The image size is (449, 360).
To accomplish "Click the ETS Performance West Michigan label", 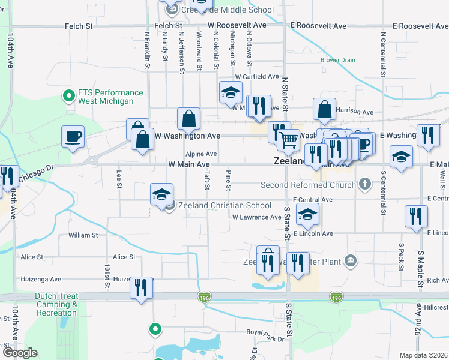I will click(x=110, y=97).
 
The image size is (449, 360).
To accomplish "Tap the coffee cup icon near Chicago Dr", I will click(x=73, y=137).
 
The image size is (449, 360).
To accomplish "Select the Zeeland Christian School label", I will click(x=221, y=205).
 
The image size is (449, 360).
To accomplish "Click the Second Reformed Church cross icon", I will click(x=364, y=184).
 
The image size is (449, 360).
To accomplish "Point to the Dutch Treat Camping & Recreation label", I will click(x=56, y=304).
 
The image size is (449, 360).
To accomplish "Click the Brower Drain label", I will click(x=337, y=60).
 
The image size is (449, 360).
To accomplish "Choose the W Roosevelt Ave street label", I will click(x=237, y=26).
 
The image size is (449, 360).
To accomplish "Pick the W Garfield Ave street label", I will click(x=257, y=77).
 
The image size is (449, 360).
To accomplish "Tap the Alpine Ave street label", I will click(x=200, y=154).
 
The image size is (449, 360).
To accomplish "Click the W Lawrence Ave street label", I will click(x=256, y=217).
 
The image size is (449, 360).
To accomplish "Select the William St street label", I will click(x=83, y=235).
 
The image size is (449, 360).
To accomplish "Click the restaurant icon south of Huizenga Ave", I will click(x=142, y=287).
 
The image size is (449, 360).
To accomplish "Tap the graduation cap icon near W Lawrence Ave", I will click(x=307, y=214).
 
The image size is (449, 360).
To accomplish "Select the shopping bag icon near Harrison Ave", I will click(x=324, y=109).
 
